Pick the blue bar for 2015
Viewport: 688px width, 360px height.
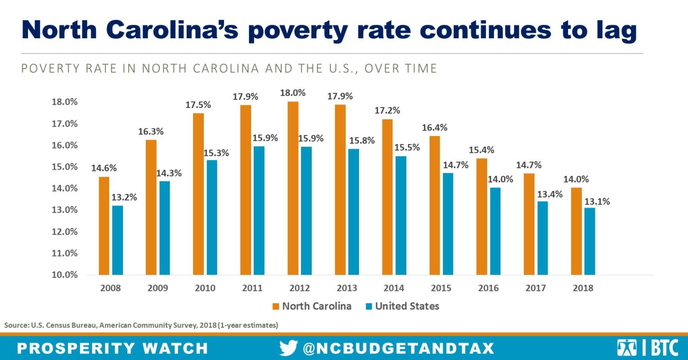(x=448, y=224)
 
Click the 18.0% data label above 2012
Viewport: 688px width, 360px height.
(x=292, y=93)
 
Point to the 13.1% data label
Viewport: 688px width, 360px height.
(x=597, y=202)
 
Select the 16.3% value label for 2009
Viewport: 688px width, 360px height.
(x=151, y=132)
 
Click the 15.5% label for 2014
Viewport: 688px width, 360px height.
(x=407, y=148)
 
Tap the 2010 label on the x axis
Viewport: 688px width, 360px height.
(x=205, y=288)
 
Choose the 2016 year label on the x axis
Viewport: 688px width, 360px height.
(x=488, y=288)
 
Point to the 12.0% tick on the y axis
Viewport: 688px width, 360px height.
(x=64, y=232)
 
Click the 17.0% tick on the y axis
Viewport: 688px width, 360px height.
(x=64, y=124)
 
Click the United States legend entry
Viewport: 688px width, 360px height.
(x=402, y=306)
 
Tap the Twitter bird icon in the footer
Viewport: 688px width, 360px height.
(x=288, y=348)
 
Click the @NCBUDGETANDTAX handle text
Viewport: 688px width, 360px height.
(x=398, y=348)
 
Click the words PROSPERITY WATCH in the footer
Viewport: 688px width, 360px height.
(x=112, y=348)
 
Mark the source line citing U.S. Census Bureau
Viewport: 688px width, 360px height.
(x=141, y=325)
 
